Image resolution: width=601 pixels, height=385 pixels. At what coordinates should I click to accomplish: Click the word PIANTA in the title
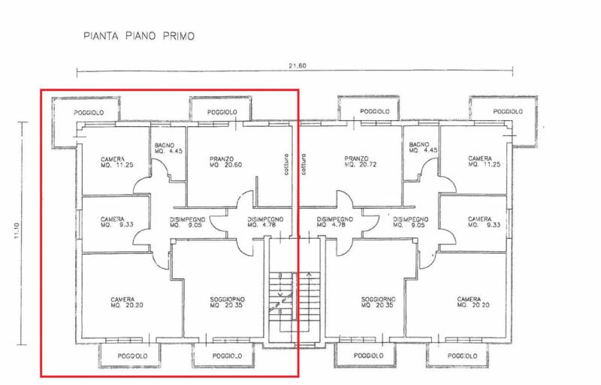(99, 35)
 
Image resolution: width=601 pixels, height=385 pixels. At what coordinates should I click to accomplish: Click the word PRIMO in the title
(174, 35)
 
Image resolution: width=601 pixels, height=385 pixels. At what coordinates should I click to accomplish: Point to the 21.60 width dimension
(297, 66)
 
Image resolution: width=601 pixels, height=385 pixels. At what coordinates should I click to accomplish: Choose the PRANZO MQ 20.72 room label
(357, 161)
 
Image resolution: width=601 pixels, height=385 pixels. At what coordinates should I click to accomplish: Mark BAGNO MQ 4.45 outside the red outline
(419, 148)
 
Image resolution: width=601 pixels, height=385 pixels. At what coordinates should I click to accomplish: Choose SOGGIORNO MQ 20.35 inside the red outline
(227, 302)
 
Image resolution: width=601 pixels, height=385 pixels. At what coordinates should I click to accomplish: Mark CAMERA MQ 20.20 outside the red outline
(473, 302)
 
